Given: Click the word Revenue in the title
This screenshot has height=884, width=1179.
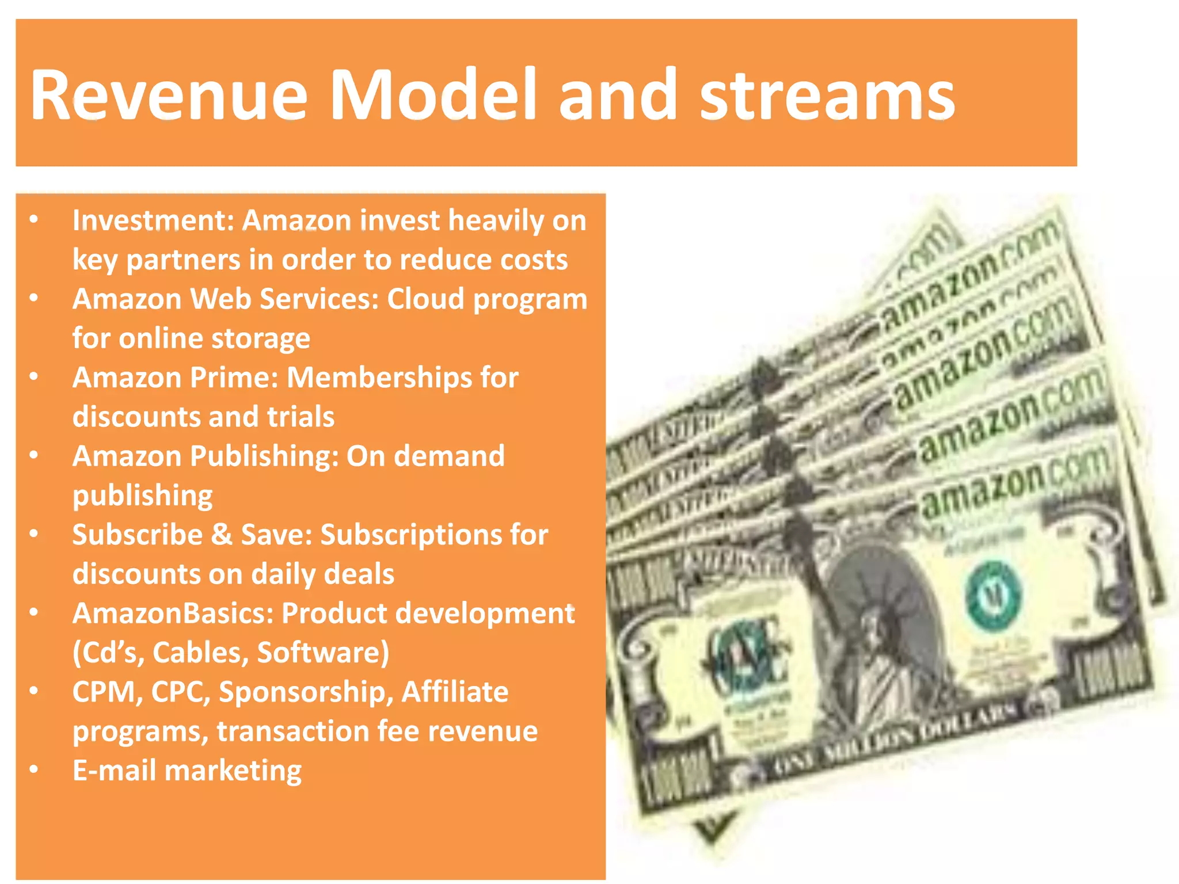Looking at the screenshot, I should point(168,95).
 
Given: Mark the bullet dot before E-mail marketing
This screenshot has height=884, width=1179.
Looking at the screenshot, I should point(34,769).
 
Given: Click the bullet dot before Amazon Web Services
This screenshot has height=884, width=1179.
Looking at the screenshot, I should point(34,298).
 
